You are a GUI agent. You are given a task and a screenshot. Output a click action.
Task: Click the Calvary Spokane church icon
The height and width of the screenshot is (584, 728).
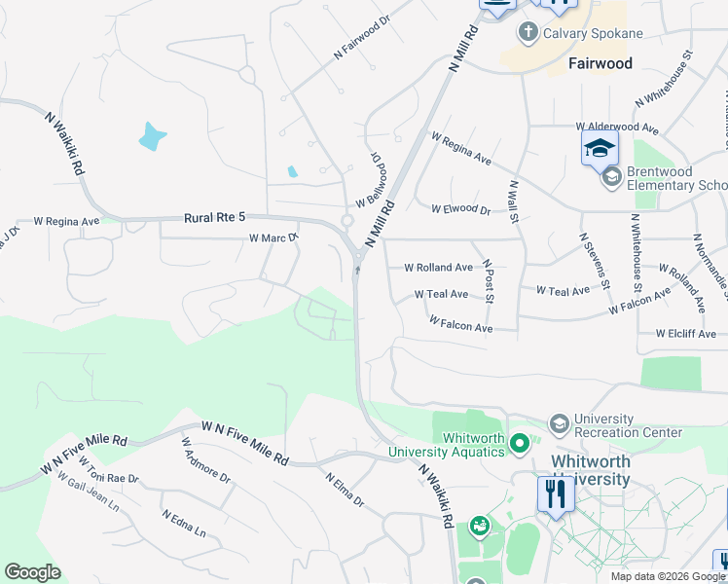(x=528, y=33)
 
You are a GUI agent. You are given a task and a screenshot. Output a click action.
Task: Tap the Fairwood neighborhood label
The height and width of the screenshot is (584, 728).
(x=600, y=64)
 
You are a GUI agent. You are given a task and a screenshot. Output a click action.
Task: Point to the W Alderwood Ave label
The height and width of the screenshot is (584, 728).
(x=618, y=127)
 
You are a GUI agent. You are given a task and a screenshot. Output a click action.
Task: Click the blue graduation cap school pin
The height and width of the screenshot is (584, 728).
(x=601, y=148)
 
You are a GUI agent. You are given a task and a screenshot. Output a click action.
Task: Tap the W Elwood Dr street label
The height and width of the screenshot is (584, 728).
(x=461, y=208)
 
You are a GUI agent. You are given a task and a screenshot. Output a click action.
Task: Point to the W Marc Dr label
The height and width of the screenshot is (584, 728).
(x=273, y=237)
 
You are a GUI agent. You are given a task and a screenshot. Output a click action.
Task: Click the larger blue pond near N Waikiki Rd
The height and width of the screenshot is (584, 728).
(x=151, y=135)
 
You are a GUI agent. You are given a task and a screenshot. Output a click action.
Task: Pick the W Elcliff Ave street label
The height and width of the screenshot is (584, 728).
(x=685, y=334)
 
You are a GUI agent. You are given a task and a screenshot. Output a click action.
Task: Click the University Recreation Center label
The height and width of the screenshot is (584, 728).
(x=628, y=424)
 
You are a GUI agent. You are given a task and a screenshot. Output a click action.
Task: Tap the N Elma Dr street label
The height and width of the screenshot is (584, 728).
(x=343, y=490)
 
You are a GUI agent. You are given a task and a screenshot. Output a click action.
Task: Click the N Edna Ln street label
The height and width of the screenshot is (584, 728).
(x=184, y=524)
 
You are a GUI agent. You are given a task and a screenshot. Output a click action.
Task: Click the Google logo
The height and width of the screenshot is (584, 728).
(x=33, y=572)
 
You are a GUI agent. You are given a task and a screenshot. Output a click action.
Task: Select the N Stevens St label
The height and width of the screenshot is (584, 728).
(x=594, y=261)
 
